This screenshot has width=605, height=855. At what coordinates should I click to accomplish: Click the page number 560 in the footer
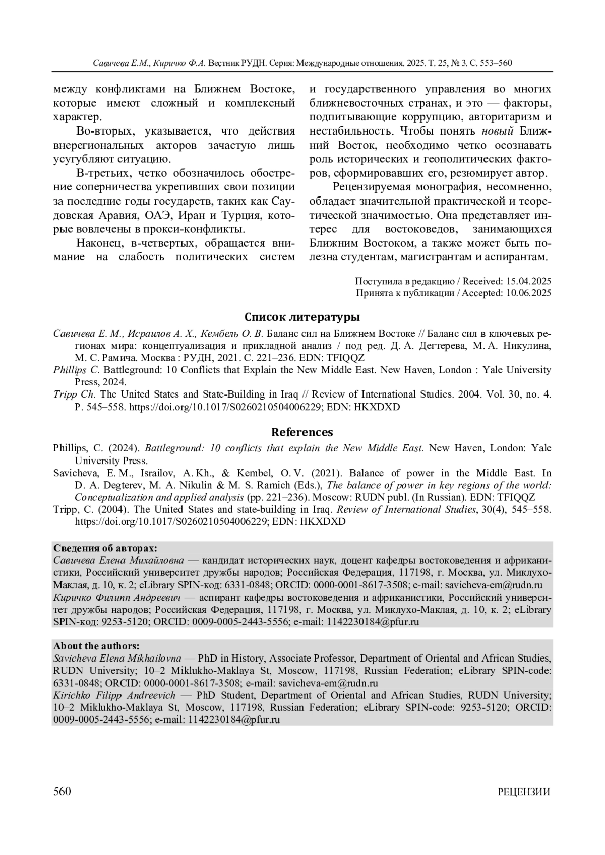pyautogui.click(x=62, y=792)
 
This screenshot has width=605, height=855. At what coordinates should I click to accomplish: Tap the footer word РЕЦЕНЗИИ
pyautogui.click(x=524, y=792)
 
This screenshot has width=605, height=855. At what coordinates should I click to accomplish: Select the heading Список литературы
pyautogui.click(x=302, y=317)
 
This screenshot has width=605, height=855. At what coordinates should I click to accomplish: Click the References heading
pyautogui.click(x=302, y=432)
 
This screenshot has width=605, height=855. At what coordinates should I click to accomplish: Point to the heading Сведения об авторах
pyautogui.click(x=105, y=548)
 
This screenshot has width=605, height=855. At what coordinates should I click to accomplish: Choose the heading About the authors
pyautogui.click(x=96, y=646)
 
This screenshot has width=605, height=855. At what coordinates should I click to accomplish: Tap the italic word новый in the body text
pyautogui.click(x=498, y=131)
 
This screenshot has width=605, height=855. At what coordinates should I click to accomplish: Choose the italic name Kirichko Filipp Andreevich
pyautogui.click(x=114, y=695)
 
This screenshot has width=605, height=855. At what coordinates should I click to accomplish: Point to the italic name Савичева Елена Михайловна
pyautogui.click(x=118, y=560)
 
